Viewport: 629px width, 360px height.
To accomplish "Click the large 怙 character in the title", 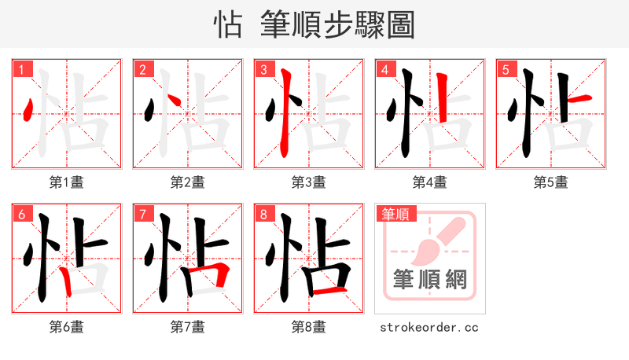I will pos(228,24).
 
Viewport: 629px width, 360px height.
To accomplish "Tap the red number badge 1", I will pos(20,70).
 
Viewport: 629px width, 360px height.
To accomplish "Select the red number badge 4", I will pos(384,70).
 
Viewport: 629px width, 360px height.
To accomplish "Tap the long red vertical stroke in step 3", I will pos(285,114).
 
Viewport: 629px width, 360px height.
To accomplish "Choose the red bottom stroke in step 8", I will pos(329,292).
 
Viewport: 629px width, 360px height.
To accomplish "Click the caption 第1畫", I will pos(66,182).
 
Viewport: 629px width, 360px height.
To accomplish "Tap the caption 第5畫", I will pos(550,182).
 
